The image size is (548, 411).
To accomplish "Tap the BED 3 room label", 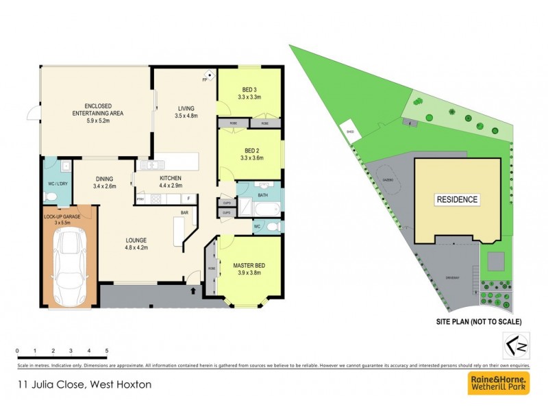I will [249, 90].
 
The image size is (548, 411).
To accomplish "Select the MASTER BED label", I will [249, 266].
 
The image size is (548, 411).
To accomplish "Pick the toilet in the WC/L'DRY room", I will [49, 197].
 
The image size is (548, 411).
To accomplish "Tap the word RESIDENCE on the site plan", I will [457, 200].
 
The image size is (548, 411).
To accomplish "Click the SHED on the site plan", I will [350, 132].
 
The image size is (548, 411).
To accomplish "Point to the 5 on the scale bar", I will [106, 351].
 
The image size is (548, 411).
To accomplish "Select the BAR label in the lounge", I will [184, 213].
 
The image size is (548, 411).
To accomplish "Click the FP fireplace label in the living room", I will [204, 80].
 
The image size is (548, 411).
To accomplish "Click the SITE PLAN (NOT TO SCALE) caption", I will [479, 321].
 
